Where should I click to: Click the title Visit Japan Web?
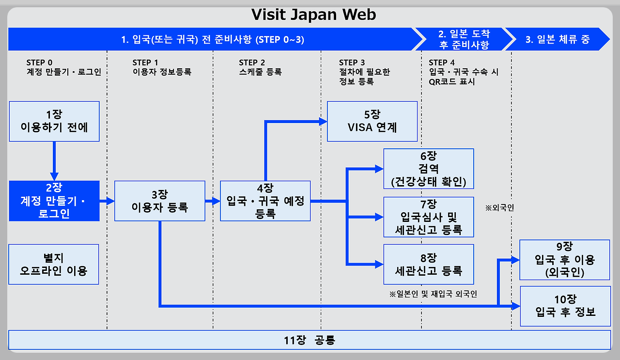tap(313, 15)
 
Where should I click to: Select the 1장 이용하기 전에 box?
tap(54, 121)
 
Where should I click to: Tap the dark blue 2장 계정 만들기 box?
tap(54, 201)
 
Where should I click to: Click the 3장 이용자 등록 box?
tap(160, 201)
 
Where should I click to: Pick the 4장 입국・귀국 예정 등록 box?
tap(265, 201)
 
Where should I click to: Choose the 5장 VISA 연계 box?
tap(372, 121)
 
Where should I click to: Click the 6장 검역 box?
tap(428, 169)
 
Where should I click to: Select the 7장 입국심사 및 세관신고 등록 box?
tap(428, 217)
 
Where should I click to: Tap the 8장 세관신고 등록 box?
tap(428, 264)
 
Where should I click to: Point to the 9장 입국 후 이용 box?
tap(564, 259)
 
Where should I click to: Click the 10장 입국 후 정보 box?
tap(564, 306)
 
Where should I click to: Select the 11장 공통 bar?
tap(310, 340)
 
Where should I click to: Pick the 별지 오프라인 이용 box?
tap(54, 264)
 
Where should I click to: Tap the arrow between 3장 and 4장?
tap(213, 201)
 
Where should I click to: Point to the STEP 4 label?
tap(441, 63)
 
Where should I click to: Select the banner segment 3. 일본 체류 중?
tap(557, 39)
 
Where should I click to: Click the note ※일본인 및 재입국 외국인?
tap(433, 294)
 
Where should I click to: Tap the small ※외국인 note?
tap(499, 208)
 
